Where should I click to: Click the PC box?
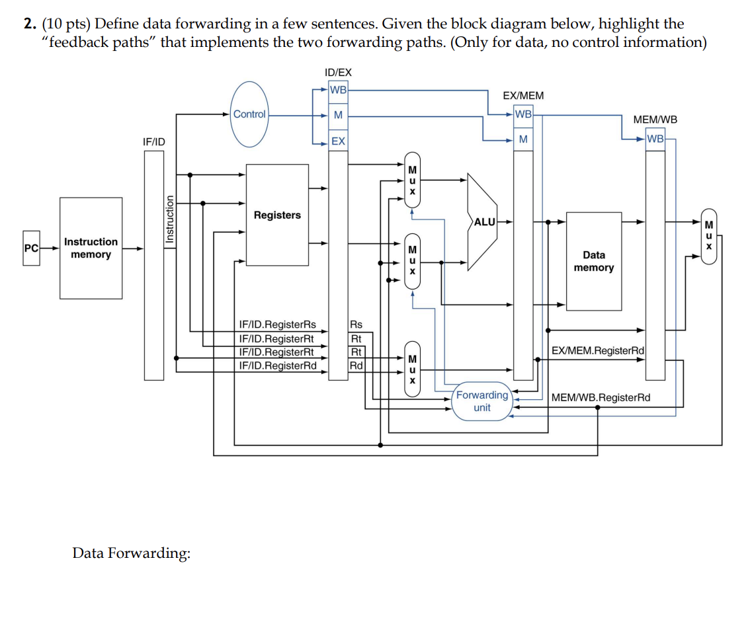[30, 249]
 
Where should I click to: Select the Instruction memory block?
[91, 249]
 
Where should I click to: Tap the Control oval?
[249, 114]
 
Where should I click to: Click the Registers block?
[277, 215]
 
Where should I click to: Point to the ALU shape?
[483, 222]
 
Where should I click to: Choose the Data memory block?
[593, 261]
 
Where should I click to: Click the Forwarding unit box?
[482, 401]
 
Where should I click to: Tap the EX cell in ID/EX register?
[338, 141]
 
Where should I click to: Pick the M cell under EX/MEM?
[523, 139]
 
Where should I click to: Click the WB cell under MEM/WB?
[655, 139]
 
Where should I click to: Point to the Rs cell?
[356, 325]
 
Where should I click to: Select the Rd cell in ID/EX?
[356, 365]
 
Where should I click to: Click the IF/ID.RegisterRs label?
[277, 325]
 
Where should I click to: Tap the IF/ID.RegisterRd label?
[277, 365]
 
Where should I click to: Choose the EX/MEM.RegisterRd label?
[598, 350]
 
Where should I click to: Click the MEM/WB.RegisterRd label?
[601, 397]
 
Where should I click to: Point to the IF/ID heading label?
[154, 141]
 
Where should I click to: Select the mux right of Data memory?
[708, 235]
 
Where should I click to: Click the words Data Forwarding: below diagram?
[131, 553]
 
